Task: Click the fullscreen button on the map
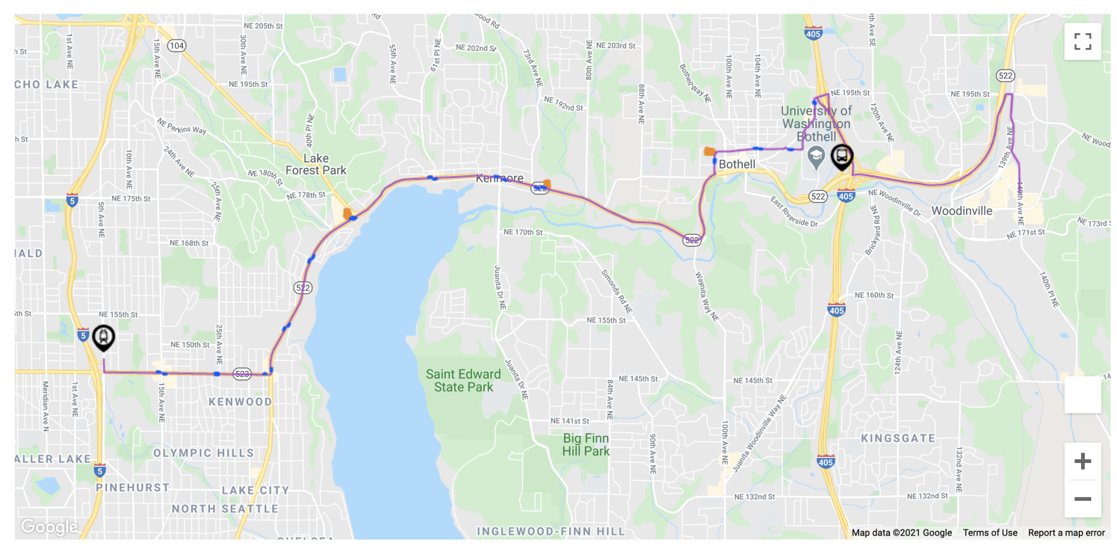coord(1082,41)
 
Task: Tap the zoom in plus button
coord(1082,461)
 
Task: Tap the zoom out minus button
coord(1082,498)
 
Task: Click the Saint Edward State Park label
coord(463,381)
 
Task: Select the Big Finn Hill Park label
coord(586,444)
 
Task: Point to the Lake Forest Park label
coord(316,164)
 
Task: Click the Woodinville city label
coord(962,211)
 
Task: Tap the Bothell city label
coord(737,164)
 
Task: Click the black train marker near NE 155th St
coord(103,337)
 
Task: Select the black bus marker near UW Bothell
coord(842,156)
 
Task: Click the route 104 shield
coord(176,45)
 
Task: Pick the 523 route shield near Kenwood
coord(242,374)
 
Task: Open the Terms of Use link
coord(989,532)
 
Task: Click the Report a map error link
coord(1066,532)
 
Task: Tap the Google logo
coord(49,526)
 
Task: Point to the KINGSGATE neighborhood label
coord(898,438)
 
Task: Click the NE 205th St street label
coord(263,26)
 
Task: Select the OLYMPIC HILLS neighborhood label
coord(203,453)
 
